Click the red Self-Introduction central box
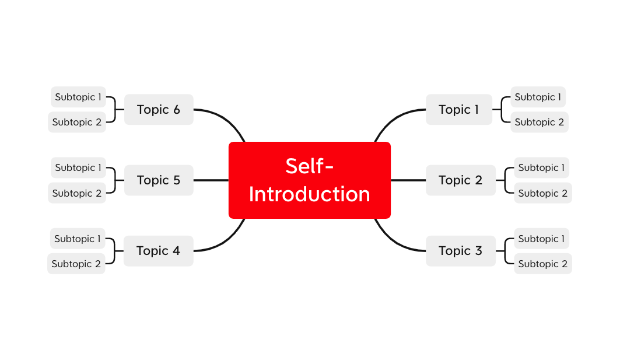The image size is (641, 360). pyautogui.click(x=310, y=180)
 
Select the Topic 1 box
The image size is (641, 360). pyautogui.click(x=458, y=109)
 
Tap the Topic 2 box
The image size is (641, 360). pyautogui.click(x=460, y=180)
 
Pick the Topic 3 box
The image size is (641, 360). pyautogui.click(x=460, y=251)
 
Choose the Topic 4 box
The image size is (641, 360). pyautogui.click(x=158, y=251)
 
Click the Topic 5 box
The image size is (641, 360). pyautogui.click(x=159, y=180)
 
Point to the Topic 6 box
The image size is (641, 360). pyautogui.click(x=159, y=109)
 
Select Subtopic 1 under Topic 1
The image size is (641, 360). pyautogui.click(x=538, y=97)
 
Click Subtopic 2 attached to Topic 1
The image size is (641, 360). pyautogui.click(x=539, y=122)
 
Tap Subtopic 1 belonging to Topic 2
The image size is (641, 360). pyautogui.click(x=541, y=167)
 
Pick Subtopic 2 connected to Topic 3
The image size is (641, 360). pyautogui.click(x=543, y=264)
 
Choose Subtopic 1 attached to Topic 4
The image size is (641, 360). pyautogui.click(x=78, y=239)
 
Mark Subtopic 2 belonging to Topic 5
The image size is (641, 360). pyautogui.click(x=77, y=193)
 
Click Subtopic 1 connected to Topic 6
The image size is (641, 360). pyautogui.click(x=78, y=97)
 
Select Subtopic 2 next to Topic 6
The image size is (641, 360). pyautogui.click(x=77, y=122)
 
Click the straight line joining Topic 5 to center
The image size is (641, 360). pyautogui.click(x=211, y=180)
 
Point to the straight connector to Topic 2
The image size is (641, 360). pyautogui.click(x=408, y=180)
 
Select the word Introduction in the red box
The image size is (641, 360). pyautogui.click(x=310, y=194)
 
